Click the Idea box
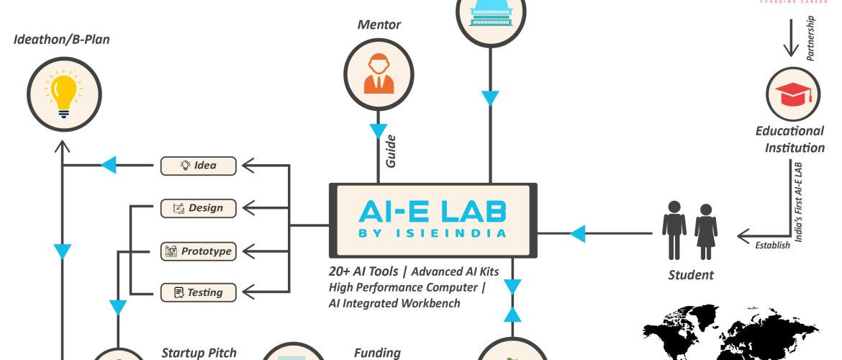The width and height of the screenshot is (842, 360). (x=199, y=166)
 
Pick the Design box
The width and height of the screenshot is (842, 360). (x=199, y=208)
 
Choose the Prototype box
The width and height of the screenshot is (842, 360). (x=199, y=251)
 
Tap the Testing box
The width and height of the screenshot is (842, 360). (x=199, y=292)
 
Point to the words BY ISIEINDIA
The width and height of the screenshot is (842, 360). (x=433, y=233)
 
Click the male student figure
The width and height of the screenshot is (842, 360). (x=674, y=230)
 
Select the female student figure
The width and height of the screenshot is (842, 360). (x=706, y=231)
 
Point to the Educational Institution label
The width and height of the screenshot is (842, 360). (x=789, y=140)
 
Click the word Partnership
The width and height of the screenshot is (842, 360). (x=811, y=39)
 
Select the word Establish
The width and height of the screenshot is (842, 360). (x=772, y=246)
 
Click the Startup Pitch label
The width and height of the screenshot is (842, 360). (x=199, y=353)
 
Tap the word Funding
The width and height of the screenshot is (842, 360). (x=377, y=353)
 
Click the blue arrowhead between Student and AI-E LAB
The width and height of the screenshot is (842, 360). (x=576, y=233)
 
